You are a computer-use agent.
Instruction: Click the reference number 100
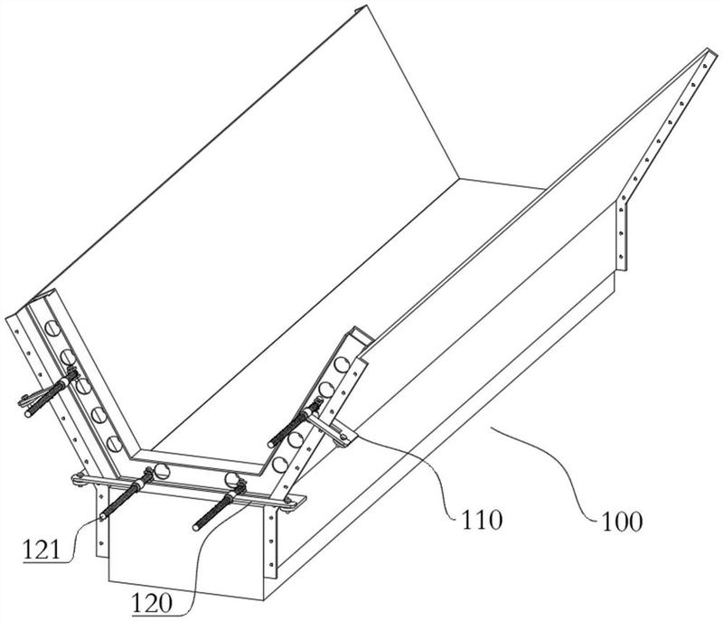point(621,522)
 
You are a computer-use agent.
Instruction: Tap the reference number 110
point(482,520)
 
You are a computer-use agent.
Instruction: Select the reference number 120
point(152,603)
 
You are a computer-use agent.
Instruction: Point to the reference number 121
point(42,550)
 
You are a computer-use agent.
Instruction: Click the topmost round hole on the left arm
point(52,328)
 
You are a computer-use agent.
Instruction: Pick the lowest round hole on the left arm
point(115,444)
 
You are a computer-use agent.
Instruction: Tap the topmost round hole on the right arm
point(343,364)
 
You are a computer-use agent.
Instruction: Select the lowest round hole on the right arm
point(279,465)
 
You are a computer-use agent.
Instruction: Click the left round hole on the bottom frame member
point(162,471)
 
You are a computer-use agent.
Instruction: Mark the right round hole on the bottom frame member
point(232,479)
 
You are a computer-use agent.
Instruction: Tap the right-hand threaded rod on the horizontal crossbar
point(219,506)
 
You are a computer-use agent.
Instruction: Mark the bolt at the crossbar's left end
point(80,478)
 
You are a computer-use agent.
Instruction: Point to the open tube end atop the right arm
point(360,335)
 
